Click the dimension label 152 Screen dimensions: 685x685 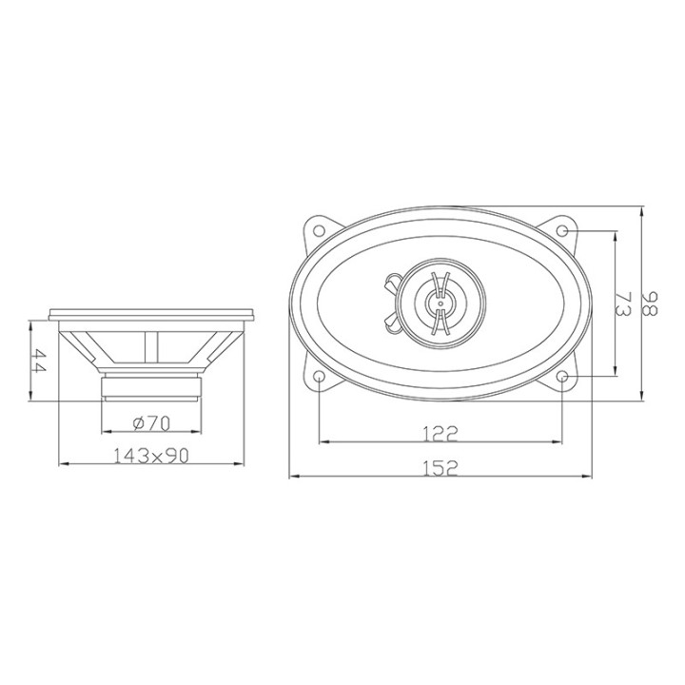pos(440,468)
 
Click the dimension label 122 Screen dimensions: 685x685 pos(440,434)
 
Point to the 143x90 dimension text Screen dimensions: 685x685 pos(152,457)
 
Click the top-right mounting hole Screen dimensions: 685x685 pos(563,231)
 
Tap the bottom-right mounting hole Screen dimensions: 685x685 pos(563,378)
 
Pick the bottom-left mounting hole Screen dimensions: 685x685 pos(318,378)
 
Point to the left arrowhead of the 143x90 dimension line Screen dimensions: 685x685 pos(63,464)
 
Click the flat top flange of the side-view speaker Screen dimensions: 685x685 pos(152,313)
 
